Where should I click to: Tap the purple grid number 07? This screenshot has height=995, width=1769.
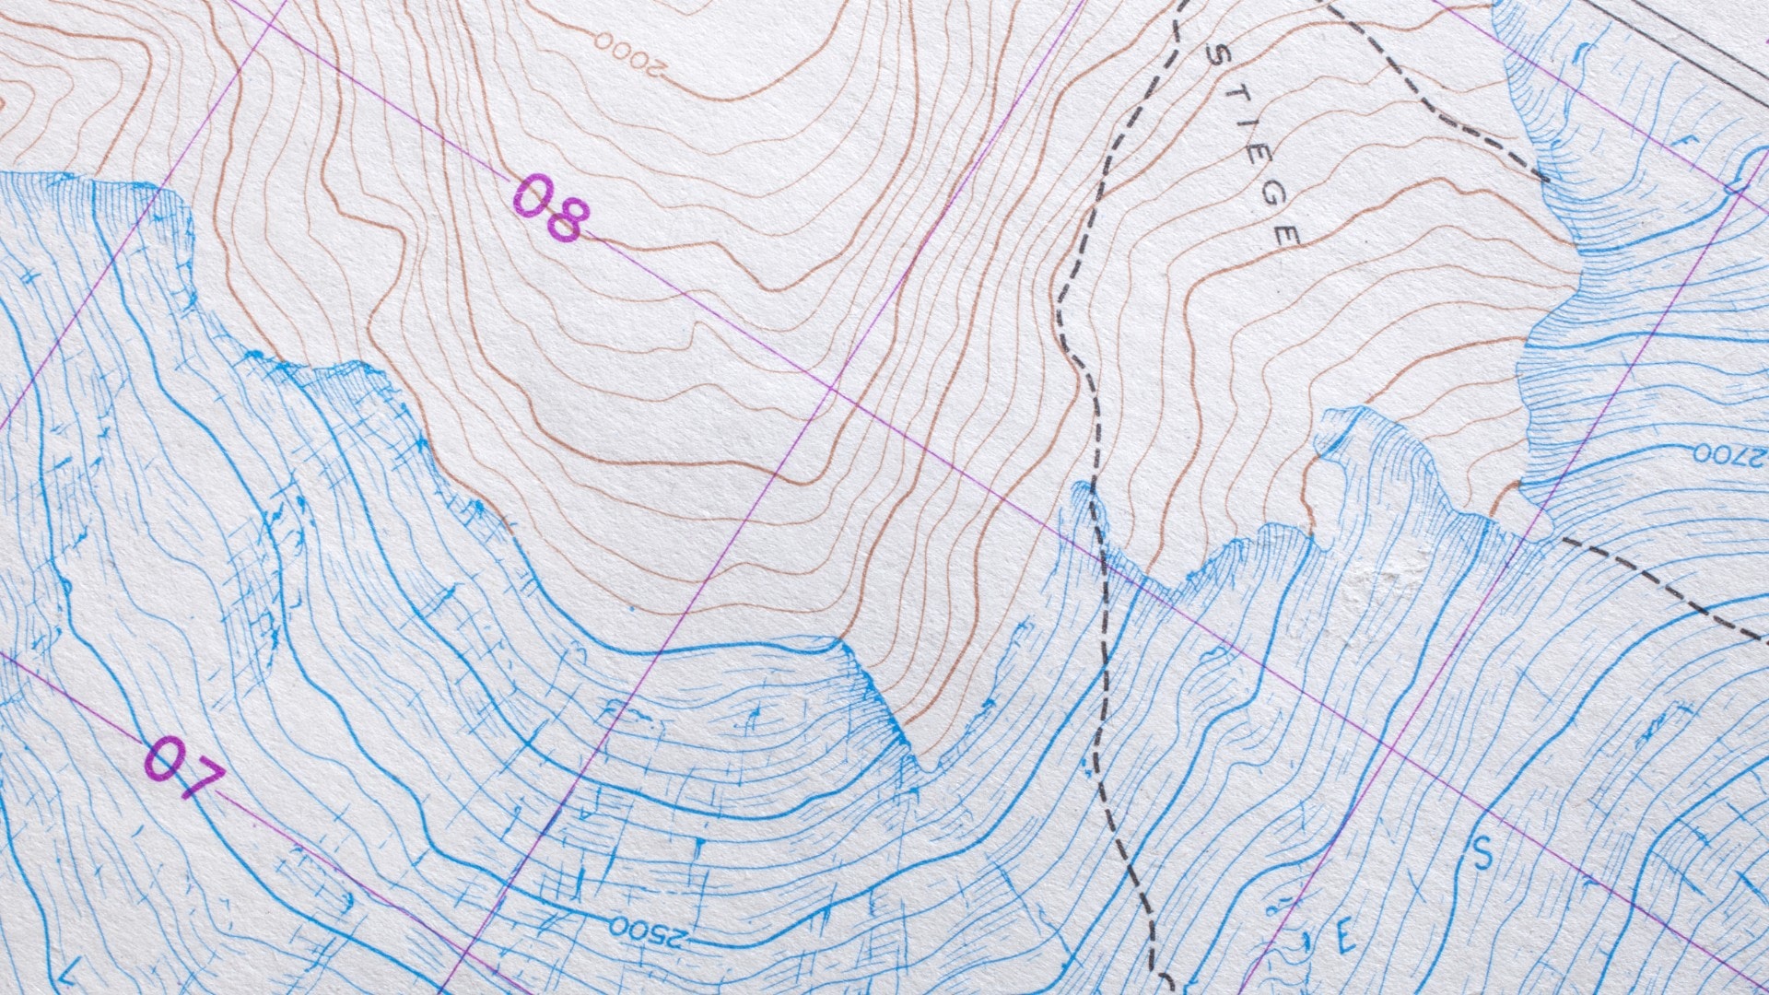184,767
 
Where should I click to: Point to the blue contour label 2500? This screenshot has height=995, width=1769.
649,932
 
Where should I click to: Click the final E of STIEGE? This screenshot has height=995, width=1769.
1287,237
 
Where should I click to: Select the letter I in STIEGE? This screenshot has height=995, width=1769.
1244,134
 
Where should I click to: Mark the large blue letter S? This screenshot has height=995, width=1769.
1482,854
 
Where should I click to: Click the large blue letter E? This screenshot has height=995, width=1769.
1345,940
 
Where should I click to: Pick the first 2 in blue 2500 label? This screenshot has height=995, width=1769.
680,940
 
